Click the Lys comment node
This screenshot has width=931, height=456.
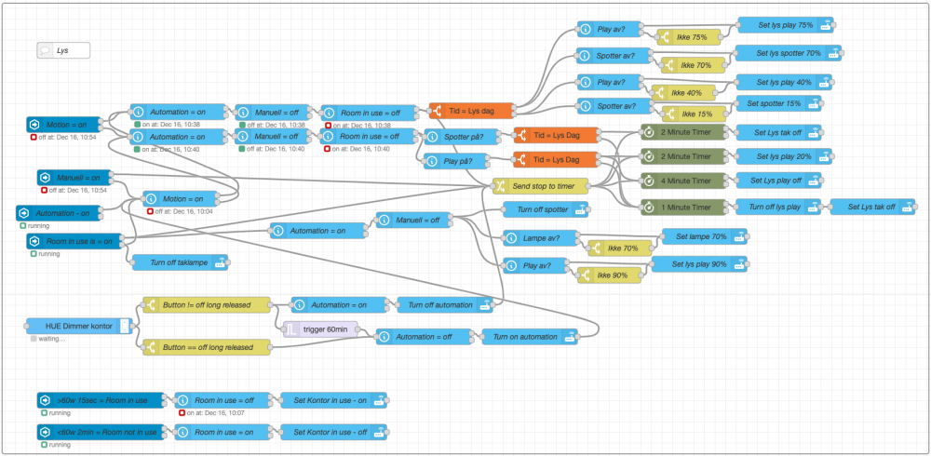[63, 51]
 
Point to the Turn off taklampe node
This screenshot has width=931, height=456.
[180, 263]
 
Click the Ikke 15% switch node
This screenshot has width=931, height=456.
[690, 114]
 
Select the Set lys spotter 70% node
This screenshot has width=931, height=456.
[788, 53]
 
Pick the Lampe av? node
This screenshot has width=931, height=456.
[541, 238]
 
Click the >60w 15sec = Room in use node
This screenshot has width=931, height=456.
[100, 400]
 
